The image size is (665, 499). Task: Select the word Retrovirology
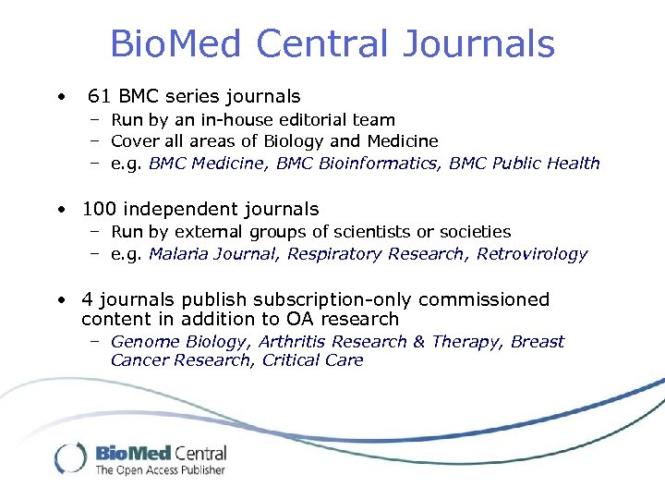(532, 253)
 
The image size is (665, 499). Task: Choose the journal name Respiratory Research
(376, 253)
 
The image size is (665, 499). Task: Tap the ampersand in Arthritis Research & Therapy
(418, 341)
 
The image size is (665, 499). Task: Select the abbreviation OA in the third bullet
(303, 319)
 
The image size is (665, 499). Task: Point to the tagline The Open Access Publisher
(160, 470)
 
